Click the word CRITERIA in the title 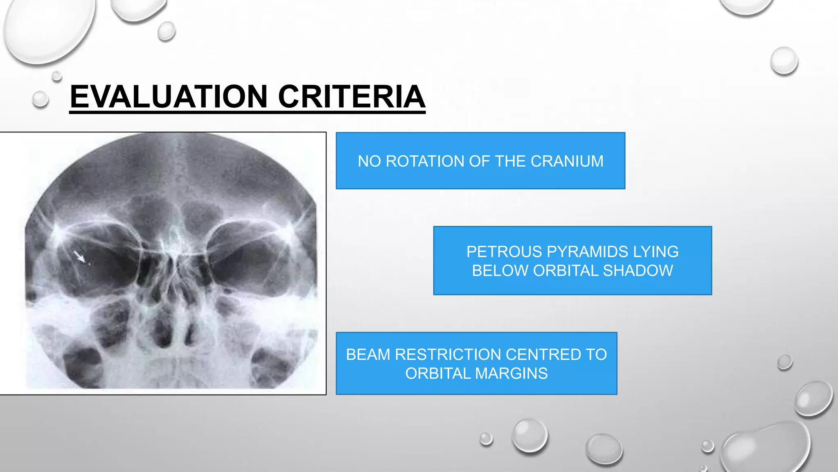click(351, 97)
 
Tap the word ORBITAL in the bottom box click(438, 373)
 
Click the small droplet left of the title click(40, 99)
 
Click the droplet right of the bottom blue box click(784, 362)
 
